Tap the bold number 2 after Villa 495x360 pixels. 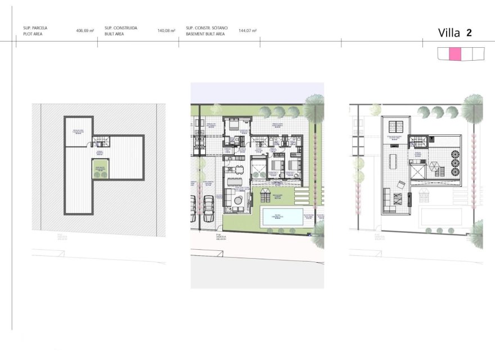(x=469, y=33)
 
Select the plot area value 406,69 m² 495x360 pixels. (x=84, y=31)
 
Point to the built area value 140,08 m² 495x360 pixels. (x=166, y=31)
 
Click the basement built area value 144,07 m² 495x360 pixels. (x=247, y=31)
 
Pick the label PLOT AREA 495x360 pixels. (x=33, y=34)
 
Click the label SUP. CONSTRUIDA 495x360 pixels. (x=120, y=28)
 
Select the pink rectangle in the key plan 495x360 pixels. (x=455, y=54)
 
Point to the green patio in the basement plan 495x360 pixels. (x=101, y=169)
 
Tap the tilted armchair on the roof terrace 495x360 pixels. (x=400, y=184)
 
